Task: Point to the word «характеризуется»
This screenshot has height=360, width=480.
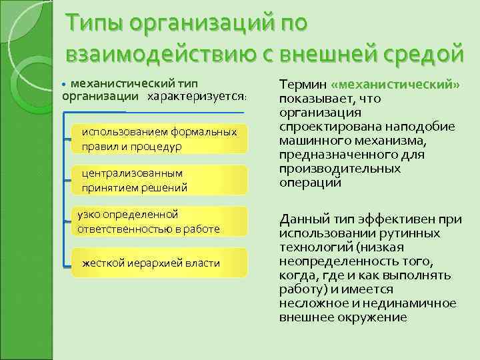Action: [x=197, y=97]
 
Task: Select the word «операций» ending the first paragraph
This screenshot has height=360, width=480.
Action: [x=310, y=182]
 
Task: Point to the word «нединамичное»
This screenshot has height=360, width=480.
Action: [x=415, y=303]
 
